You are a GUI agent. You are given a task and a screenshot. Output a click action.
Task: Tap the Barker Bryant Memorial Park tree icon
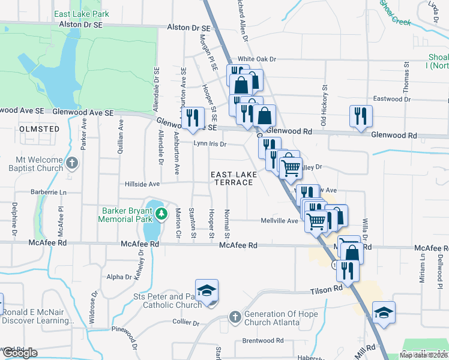click(160, 213)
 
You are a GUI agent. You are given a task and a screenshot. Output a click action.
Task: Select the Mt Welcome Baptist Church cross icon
click(72, 163)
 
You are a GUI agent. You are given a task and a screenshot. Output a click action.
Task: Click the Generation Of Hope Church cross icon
click(235, 316)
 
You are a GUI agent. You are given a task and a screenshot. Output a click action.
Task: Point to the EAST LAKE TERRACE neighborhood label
click(234, 178)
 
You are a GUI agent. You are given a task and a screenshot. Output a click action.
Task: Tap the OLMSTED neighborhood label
click(39, 129)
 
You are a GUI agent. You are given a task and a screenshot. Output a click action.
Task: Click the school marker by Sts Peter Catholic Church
click(207, 291)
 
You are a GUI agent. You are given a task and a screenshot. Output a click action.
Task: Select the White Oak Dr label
click(256, 59)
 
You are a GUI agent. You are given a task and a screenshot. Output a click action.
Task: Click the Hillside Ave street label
click(142, 184)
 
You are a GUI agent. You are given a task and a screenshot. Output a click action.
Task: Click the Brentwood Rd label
click(262, 340)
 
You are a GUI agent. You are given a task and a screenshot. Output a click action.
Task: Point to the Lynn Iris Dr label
click(209, 144)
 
